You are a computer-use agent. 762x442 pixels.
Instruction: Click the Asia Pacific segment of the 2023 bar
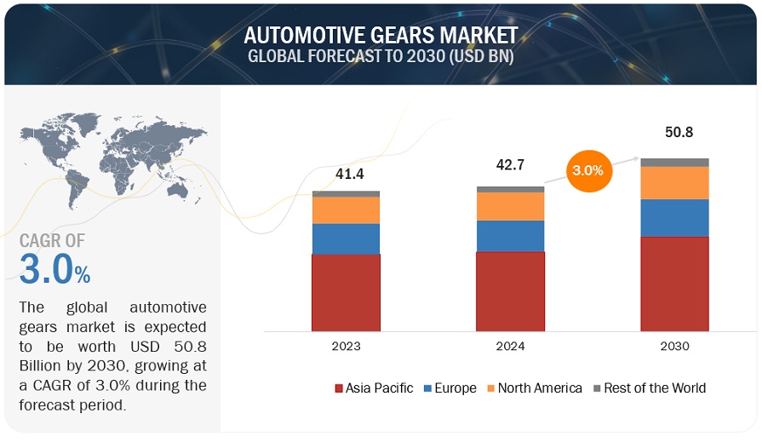[346, 291]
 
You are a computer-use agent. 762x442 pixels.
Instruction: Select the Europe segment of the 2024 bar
[510, 236]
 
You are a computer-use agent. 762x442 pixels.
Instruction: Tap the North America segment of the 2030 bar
[674, 182]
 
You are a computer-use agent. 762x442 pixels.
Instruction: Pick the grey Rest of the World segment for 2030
[674, 162]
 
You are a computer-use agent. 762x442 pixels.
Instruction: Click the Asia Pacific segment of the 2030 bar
[674, 283]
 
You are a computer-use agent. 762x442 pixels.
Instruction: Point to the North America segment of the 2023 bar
[346, 210]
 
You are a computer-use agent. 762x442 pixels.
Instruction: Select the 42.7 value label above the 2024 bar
[510, 165]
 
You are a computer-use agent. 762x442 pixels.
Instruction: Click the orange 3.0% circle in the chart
[587, 170]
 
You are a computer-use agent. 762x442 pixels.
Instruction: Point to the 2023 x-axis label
[346, 347]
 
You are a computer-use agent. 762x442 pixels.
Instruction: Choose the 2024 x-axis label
[510, 347]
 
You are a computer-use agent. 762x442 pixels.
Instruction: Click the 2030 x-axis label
[674, 347]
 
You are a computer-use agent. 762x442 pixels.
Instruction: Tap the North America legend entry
[534, 388]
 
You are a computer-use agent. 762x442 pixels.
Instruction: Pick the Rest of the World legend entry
[649, 388]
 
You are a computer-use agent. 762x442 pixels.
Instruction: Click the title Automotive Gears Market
[381, 36]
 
